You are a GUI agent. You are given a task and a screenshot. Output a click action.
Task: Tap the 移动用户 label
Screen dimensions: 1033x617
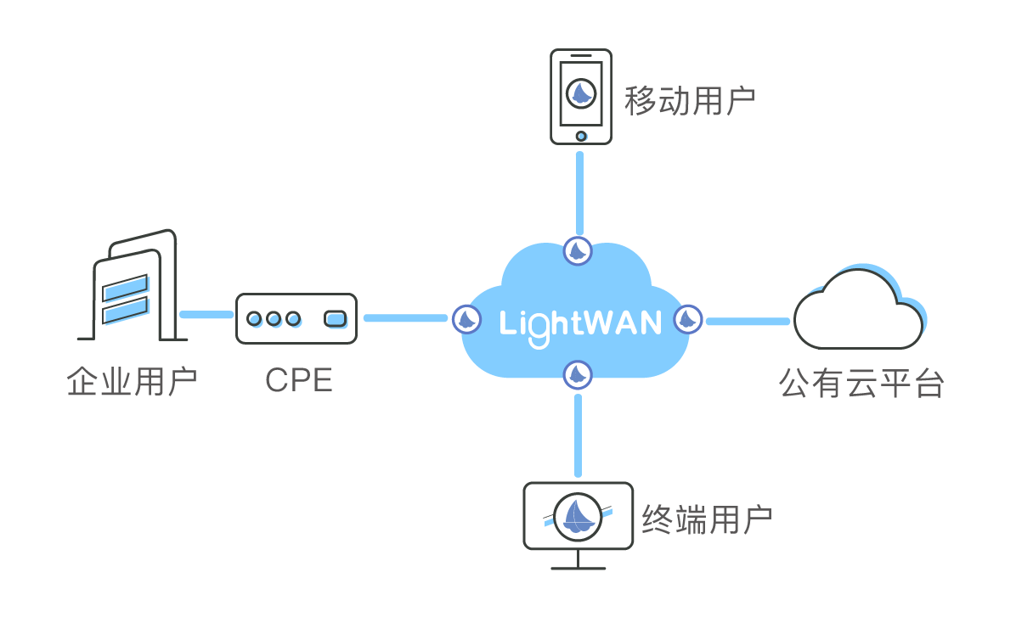690,100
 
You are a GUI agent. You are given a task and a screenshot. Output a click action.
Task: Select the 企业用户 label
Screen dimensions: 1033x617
133,382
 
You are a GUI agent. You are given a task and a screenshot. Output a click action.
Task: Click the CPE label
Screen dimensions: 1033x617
299,380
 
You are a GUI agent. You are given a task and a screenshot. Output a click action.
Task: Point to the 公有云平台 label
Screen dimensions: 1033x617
861,383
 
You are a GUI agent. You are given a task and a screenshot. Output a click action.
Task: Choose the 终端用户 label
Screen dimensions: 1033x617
708,519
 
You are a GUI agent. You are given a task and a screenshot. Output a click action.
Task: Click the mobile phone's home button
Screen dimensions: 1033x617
581,136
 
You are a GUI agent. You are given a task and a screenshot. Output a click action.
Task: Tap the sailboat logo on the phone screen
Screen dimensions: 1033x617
581,93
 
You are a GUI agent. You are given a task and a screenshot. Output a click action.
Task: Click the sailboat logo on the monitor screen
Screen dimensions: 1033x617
578,517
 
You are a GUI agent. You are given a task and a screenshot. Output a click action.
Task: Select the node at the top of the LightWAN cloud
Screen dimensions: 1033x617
578,251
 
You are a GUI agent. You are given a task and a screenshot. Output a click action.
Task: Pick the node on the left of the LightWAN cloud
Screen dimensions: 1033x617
466,319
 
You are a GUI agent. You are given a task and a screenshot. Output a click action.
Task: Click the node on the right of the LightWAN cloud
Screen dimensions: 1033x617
688,319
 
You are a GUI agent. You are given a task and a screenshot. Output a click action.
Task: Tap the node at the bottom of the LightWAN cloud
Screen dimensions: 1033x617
578,374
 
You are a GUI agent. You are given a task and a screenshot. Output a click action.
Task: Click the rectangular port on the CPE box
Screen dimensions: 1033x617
336,319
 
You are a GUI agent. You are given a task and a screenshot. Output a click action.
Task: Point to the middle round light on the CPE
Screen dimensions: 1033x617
274,319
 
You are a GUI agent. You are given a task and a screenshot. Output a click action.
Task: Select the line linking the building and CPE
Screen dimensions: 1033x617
206,315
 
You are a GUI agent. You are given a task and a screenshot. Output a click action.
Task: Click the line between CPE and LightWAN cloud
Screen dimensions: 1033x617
406,318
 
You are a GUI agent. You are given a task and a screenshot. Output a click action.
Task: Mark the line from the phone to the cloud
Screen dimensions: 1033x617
579,194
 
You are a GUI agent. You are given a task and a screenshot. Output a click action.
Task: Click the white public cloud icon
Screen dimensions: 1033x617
859,309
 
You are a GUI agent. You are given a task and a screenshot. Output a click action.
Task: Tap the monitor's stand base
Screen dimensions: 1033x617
579,568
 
